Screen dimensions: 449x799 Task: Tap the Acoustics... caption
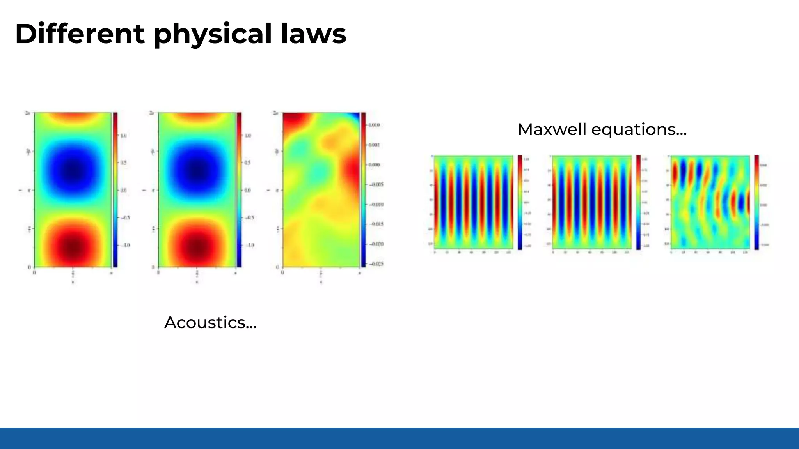pyautogui.click(x=210, y=323)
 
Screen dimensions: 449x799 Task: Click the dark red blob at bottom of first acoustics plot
pyautogui.click(x=73, y=246)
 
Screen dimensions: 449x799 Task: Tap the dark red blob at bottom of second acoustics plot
pyautogui.click(x=197, y=246)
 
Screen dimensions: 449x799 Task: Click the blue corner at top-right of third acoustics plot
pyautogui.click(x=356, y=116)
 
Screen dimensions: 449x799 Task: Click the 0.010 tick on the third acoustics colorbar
pyautogui.click(x=374, y=125)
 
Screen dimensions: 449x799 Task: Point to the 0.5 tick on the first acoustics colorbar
pyautogui.click(x=123, y=163)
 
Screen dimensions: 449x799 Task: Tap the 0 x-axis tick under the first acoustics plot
pyautogui.click(x=34, y=273)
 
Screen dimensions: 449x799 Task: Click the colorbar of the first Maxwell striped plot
pyautogui.click(x=520, y=202)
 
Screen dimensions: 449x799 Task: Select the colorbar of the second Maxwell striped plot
pyautogui.click(x=638, y=202)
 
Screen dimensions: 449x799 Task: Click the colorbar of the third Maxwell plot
pyautogui.click(x=756, y=202)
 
